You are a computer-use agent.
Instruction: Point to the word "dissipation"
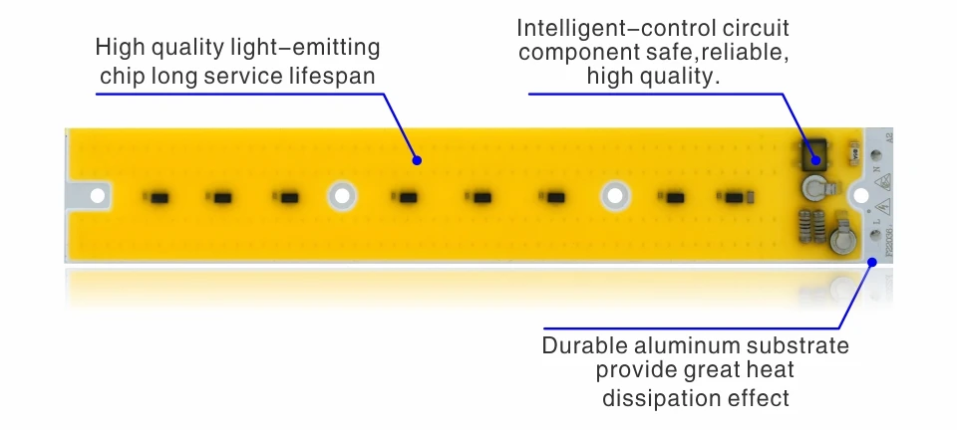653,399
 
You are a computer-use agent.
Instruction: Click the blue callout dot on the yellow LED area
418,159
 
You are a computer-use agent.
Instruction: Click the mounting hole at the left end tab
97,196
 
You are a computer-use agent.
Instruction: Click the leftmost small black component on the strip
157,197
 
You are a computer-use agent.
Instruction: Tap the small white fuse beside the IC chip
850,153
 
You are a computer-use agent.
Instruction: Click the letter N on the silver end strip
877,169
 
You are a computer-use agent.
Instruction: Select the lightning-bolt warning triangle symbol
882,208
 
